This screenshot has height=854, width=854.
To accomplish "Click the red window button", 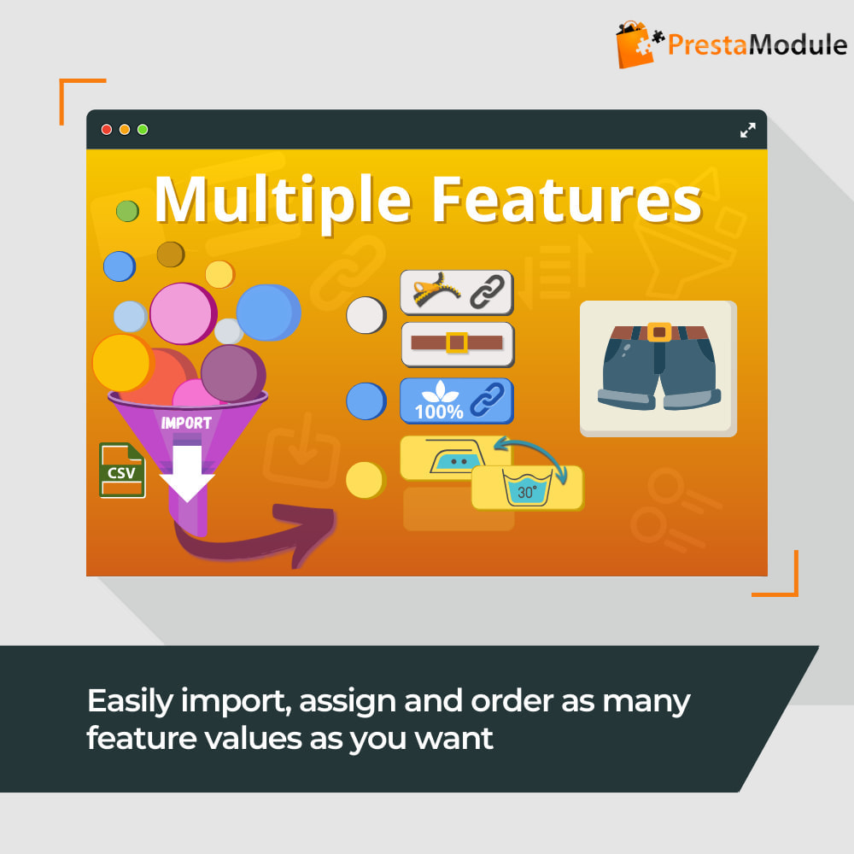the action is [107, 130].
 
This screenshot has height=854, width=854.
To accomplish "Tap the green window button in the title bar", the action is [143, 130].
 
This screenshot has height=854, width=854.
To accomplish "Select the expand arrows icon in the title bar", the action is [748, 130].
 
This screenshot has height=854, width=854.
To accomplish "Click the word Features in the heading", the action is [567, 201].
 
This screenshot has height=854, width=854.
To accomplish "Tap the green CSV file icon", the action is [122, 470].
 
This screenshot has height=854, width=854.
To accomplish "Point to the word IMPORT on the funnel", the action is [186, 423].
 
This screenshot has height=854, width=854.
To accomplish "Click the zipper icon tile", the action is [457, 292].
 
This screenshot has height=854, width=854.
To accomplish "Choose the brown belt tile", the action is [458, 344].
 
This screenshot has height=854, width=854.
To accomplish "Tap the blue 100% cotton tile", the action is [457, 401].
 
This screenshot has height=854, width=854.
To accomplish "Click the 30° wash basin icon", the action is [527, 488].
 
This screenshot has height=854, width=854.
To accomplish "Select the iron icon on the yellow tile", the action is [456, 456].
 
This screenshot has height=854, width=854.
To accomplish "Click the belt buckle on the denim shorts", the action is [659, 331].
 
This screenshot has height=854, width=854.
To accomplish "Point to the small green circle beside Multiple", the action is [127, 211].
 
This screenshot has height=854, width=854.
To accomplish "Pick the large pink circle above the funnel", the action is [183, 313].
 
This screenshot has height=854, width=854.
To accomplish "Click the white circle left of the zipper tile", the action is [366, 315].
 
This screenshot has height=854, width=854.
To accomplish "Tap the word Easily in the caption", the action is [130, 702].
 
